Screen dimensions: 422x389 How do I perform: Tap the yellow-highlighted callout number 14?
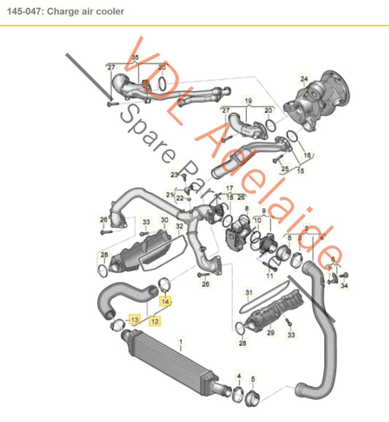(166, 300)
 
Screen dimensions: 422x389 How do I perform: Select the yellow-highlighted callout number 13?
(134, 319)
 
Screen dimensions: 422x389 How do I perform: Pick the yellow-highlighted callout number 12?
(155, 319)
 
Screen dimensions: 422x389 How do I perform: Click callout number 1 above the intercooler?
(182, 340)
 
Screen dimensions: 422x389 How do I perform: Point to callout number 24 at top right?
(304, 79)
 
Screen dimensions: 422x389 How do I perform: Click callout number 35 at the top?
(134, 57)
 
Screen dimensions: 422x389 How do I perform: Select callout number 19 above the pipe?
(247, 100)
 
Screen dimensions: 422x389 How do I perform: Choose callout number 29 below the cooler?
(269, 333)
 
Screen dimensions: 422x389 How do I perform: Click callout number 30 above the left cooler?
(164, 220)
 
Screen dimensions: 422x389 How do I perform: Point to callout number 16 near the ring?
(307, 156)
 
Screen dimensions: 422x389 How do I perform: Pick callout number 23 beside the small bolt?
(174, 174)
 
